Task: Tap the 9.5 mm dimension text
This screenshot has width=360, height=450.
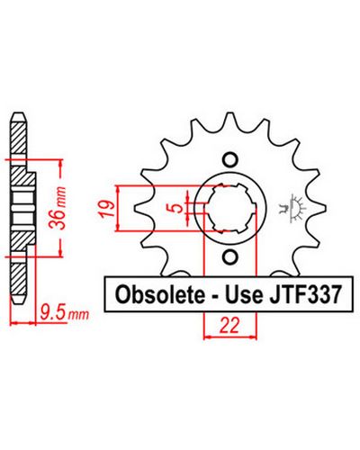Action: point(65,313)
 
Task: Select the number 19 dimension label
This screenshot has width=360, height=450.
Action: point(108,209)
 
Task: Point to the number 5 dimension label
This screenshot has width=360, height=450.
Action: point(179,208)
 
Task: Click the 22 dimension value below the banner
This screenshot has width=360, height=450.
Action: point(229,325)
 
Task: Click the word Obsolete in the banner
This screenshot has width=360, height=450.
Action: point(158,294)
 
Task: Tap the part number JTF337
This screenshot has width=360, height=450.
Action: point(305,294)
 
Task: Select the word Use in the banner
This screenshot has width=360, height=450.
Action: point(243,294)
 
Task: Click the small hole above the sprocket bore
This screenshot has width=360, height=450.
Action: point(230,159)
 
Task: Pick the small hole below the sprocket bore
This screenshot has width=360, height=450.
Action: point(230,257)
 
